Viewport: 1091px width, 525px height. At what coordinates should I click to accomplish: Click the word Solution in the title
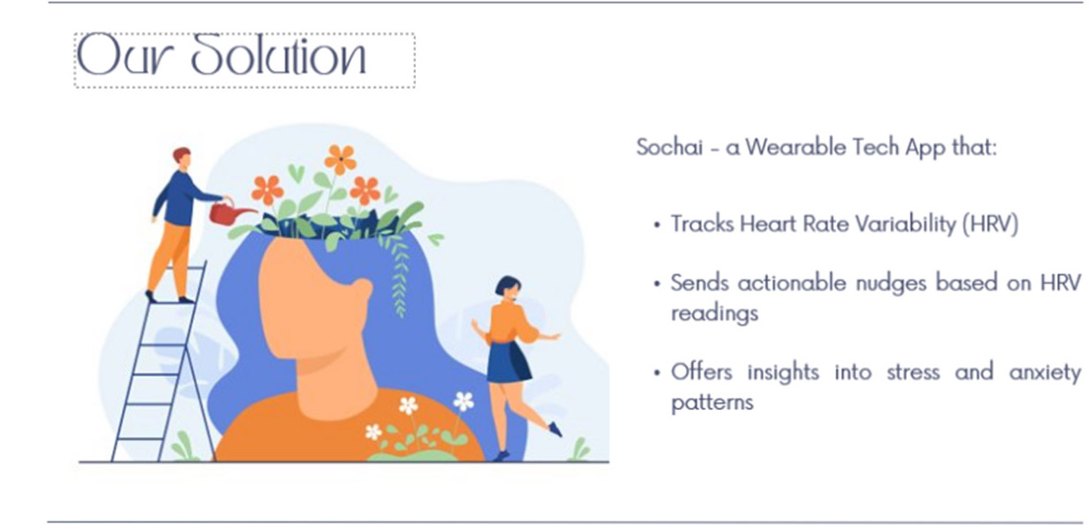coord(278,55)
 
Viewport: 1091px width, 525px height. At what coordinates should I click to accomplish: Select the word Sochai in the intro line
coord(670,147)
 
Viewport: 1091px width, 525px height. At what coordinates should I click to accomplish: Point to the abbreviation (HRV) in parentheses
coord(990,224)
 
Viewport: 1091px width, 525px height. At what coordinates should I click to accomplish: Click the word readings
coord(715,313)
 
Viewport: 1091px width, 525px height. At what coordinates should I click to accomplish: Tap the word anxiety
coord(1045,373)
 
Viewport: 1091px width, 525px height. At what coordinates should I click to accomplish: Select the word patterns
coord(712,403)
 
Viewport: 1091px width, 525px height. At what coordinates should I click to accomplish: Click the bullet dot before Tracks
coord(657,225)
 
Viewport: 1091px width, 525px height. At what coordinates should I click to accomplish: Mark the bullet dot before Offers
coord(657,374)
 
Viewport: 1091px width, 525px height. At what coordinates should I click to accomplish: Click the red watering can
coord(230,212)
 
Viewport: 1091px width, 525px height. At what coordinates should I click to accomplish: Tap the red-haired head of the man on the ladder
coord(182,158)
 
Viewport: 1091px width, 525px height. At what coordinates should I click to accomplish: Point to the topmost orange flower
coord(341,159)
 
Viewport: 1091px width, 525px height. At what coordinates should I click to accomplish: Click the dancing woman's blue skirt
coord(509,362)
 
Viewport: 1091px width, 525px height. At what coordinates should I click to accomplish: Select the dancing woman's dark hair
coord(506,284)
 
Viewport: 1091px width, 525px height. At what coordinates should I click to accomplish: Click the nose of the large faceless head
coord(364,291)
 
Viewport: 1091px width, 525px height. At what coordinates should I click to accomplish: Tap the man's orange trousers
coord(170,259)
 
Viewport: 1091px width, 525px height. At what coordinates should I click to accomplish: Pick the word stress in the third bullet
coord(913,373)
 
